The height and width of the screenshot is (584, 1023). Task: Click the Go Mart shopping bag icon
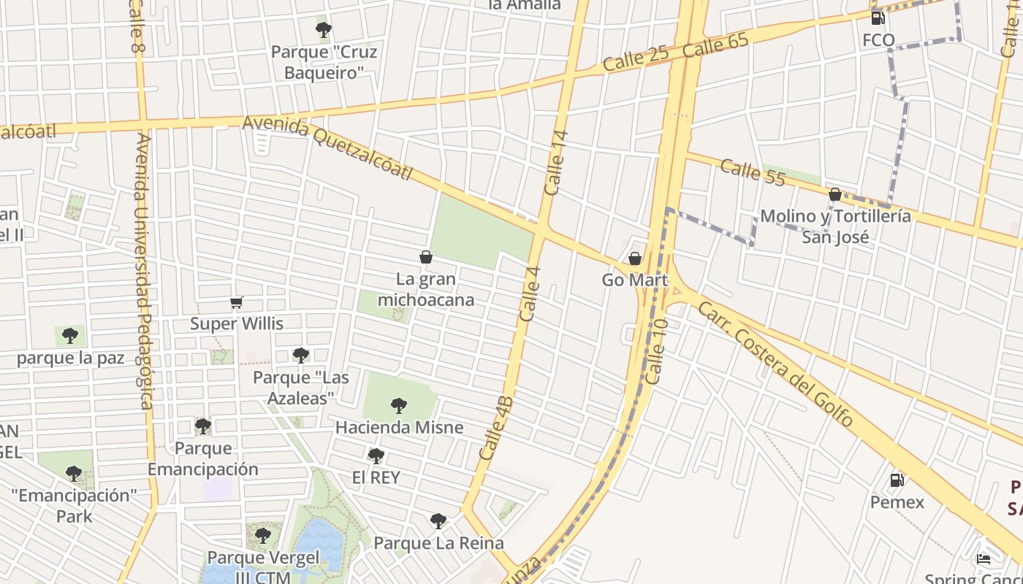pos(635,258)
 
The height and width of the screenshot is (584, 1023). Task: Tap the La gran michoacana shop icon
pos(426,257)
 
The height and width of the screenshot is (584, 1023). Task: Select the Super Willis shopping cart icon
pos(236,302)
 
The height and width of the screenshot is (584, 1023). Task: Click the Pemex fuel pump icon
pos(897,480)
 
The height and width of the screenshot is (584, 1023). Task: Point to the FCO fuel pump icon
pos(878,18)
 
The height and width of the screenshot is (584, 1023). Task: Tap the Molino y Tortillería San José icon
pos(834,194)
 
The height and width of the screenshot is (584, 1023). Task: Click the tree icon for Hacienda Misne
pos(398,405)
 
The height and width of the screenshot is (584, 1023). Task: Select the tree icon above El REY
pos(376,456)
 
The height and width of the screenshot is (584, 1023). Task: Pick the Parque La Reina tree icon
pos(438,520)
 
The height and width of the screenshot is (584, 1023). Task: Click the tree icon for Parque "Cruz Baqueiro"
pos(323,30)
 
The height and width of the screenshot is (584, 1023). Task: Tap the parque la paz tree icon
pos(70,336)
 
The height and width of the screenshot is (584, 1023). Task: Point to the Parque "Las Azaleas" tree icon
pos(300,356)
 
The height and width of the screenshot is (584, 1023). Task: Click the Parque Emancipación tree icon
pos(202,426)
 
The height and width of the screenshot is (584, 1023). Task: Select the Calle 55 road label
pos(753,173)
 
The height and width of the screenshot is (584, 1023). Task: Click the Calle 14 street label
pos(556,162)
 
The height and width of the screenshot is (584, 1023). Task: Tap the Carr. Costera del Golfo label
pos(775,364)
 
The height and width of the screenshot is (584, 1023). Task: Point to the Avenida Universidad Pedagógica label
pos(143,270)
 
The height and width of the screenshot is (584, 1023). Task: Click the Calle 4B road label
pos(497,428)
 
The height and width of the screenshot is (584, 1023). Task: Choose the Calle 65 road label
pos(717,46)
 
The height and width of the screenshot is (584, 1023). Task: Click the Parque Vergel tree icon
pos(263,535)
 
